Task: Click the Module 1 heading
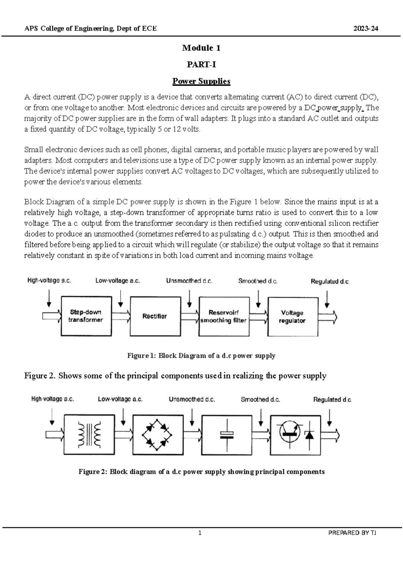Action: (x=201, y=48)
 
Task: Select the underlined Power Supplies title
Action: (x=201, y=81)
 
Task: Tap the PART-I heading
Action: (x=201, y=65)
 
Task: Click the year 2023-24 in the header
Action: (x=366, y=29)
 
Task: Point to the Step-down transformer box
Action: (x=86, y=316)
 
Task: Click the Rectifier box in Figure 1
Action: (x=155, y=316)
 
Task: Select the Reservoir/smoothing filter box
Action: (x=224, y=316)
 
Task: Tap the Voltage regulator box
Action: (x=293, y=316)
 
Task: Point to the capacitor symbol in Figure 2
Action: (x=227, y=435)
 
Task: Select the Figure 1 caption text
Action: (x=201, y=356)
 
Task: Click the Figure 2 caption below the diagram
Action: (x=201, y=472)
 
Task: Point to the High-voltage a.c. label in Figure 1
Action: (x=49, y=281)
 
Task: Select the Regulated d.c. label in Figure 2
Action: (x=332, y=400)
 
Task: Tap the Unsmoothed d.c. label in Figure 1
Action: (x=189, y=281)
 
